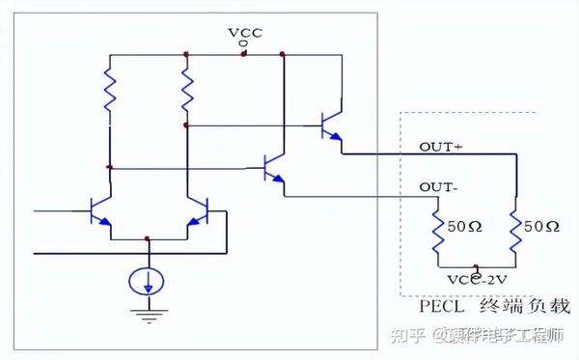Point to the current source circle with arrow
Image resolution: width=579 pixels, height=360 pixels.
[148, 281]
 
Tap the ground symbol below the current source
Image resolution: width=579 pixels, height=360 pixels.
[148, 313]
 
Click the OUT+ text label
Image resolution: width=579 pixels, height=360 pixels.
[440, 147]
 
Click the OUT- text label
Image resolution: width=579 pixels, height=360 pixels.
[438, 186]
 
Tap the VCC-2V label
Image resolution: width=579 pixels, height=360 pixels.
[475, 279]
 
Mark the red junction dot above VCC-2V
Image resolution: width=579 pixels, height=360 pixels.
[475, 264]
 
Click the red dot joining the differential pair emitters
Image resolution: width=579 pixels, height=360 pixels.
[147, 236]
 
